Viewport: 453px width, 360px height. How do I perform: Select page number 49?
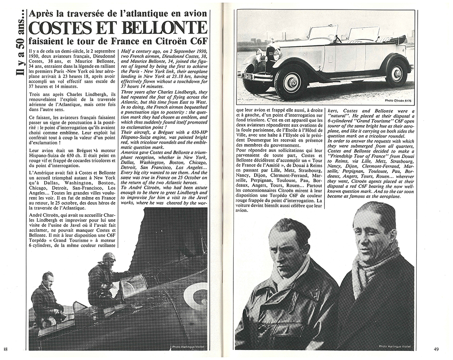[x=436, y=349]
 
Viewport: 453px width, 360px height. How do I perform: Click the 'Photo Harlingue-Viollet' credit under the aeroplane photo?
[x=188, y=347]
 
